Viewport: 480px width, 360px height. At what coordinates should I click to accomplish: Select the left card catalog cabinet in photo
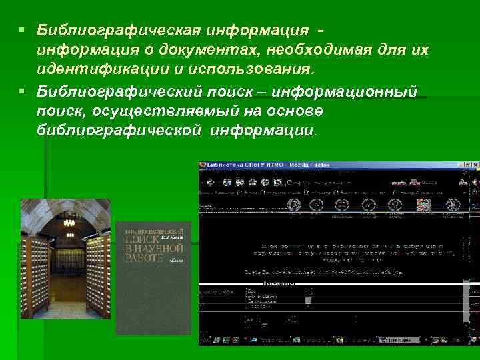33,273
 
